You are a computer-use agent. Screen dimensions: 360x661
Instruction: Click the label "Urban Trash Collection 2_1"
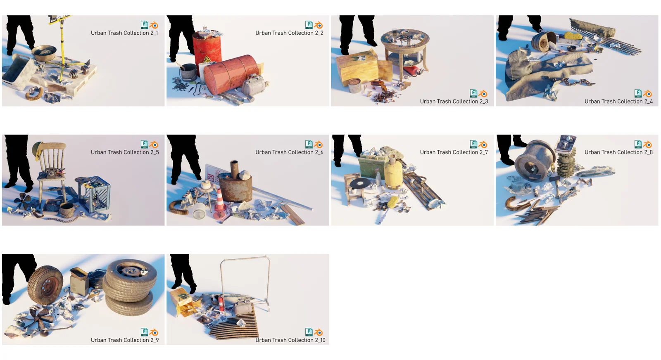pyautogui.click(x=124, y=33)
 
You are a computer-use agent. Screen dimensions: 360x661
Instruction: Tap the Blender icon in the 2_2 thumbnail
pyautogui.click(x=319, y=25)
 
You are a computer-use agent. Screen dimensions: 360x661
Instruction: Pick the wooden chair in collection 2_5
pyautogui.click(x=52, y=169)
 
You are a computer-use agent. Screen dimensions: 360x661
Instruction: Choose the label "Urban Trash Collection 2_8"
pyautogui.click(x=618, y=152)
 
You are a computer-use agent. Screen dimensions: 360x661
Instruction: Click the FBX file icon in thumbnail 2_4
pyautogui.click(x=638, y=93)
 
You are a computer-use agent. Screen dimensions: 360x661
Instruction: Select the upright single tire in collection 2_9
pyautogui.click(x=45, y=285)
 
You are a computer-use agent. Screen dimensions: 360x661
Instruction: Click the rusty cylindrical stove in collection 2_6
pyautogui.click(x=235, y=186)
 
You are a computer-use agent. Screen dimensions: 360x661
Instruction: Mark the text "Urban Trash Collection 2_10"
pyautogui.click(x=290, y=340)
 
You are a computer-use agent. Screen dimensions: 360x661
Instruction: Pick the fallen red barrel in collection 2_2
pyautogui.click(x=231, y=74)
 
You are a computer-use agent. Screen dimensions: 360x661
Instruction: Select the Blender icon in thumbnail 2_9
pyautogui.click(x=154, y=332)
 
